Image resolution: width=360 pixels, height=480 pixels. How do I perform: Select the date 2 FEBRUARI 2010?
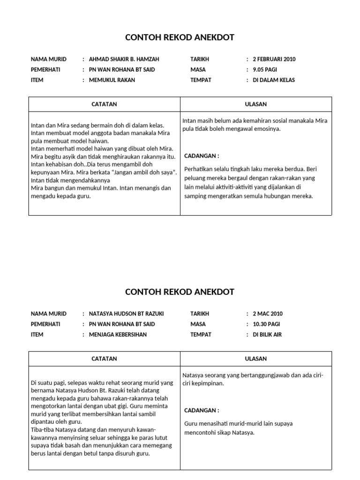[274, 60]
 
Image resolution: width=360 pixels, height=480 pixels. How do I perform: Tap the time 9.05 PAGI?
[265, 70]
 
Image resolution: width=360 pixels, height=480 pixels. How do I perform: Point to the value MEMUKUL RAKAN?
[112, 80]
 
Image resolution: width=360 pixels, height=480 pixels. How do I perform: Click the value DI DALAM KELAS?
[274, 80]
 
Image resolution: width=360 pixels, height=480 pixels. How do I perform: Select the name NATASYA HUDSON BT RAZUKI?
[126, 314]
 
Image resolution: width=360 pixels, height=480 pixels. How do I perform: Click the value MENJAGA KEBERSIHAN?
[118, 335]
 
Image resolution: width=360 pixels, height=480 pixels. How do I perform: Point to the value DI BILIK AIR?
[267, 335]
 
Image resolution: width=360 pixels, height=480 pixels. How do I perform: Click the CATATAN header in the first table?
[104, 105]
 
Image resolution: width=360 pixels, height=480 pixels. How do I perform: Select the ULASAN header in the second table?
[255, 359]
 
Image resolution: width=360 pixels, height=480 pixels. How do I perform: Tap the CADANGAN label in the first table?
[202, 156]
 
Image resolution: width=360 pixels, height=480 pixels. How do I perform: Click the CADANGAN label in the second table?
[202, 411]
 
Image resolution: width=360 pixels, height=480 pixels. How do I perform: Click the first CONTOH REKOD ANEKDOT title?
[180, 37]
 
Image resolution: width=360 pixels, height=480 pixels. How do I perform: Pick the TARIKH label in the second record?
[200, 314]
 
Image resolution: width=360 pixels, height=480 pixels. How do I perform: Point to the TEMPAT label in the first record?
[201, 80]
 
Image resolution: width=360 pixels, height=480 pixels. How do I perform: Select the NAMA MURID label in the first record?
[48, 60]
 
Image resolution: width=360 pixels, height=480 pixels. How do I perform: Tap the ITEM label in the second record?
[37, 335]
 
